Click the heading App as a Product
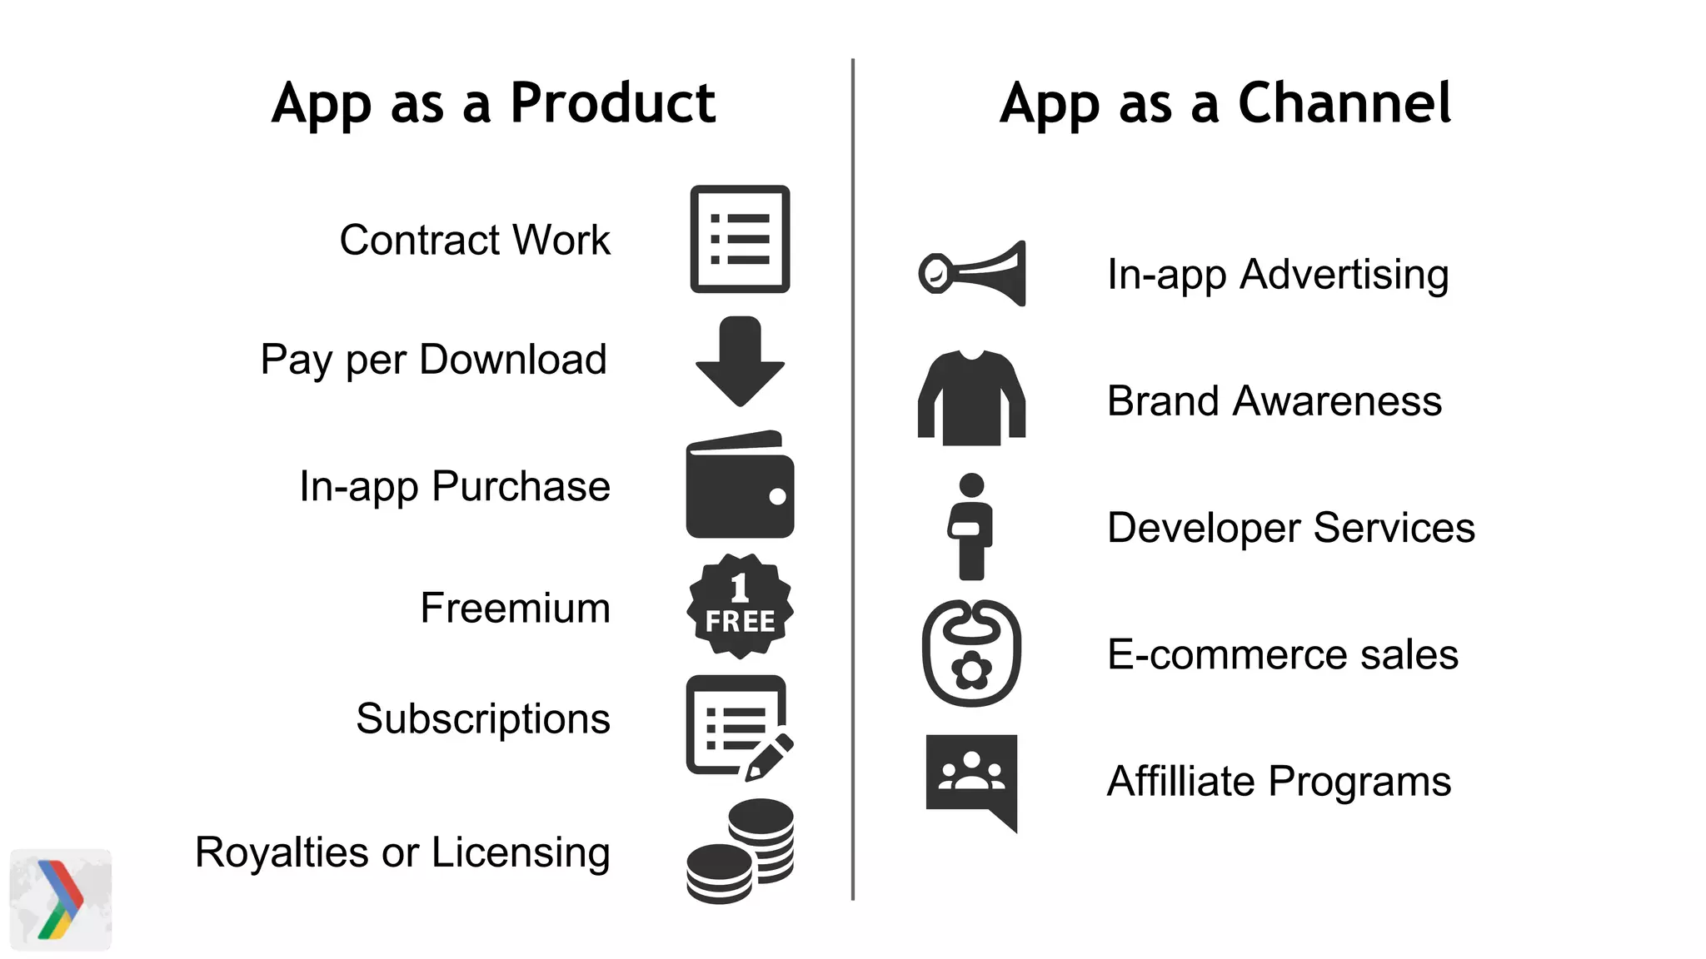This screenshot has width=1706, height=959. pyautogui.click(x=493, y=104)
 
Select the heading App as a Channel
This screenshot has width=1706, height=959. pyautogui.click(x=1225, y=104)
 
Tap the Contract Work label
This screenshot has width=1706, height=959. pyautogui.click(x=475, y=241)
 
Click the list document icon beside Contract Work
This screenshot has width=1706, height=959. pyautogui.click(x=740, y=239)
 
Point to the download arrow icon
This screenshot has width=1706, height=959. pyautogui.click(x=740, y=361)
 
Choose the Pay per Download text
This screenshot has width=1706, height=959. pyautogui.click(x=433, y=360)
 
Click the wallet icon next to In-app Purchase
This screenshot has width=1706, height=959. pyautogui.click(x=740, y=485)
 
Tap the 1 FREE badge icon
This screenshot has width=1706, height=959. pyautogui.click(x=740, y=606)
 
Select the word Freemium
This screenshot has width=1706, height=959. pyautogui.click(x=515, y=608)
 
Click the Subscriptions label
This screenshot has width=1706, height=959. pyautogui.click(x=483, y=719)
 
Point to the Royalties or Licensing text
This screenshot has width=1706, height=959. pyautogui.click(x=402, y=852)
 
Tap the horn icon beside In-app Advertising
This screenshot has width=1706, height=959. pyautogui.click(x=972, y=274)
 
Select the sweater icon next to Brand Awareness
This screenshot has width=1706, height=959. pyautogui.click(x=971, y=398)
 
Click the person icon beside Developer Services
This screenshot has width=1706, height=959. pyautogui.click(x=971, y=526)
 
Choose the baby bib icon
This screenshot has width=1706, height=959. pyautogui.click(x=971, y=653)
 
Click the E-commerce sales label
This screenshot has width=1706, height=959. pyautogui.click(x=1282, y=655)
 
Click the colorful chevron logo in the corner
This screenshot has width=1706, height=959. pyautogui.click(x=61, y=900)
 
